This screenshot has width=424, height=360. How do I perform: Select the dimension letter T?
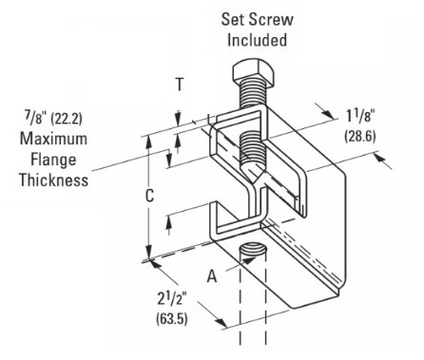[x=180, y=85]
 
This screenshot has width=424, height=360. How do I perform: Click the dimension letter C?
[x=149, y=196]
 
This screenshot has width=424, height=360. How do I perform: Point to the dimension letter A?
[x=212, y=276]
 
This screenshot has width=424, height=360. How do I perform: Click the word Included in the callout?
[x=257, y=40]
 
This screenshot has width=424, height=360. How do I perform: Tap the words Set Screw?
[x=257, y=19]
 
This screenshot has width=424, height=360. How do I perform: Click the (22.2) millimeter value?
[x=67, y=119]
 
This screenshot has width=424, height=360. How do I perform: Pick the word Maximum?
[x=53, y=139]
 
